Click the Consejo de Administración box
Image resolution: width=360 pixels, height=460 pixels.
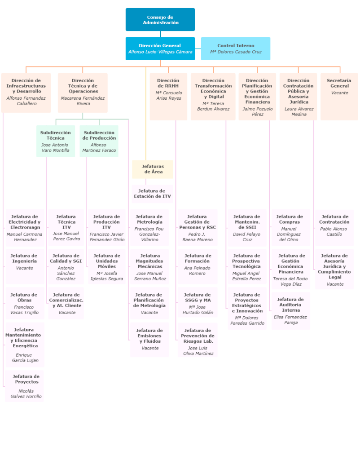click(x=160, y=20)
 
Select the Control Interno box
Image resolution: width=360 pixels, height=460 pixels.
click(x=236, y=49)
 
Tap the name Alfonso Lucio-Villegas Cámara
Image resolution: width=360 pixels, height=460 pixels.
click(x=160, y=52)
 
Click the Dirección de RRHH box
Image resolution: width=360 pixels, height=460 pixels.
click(x=168, y=96)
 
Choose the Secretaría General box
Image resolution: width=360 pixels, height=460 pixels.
click(x=339, y=96)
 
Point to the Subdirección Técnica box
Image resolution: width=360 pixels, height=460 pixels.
click(x=56, y=141)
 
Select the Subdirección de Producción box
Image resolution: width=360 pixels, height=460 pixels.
click(x=99, y=141)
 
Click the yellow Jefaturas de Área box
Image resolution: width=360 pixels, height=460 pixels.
click(x=153, y=169)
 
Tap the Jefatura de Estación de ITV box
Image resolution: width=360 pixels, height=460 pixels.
click(x=152, y=194)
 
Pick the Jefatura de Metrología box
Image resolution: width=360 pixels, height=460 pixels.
click(x=149, y=228)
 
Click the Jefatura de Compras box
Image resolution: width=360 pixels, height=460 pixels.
click(x=290, y=228)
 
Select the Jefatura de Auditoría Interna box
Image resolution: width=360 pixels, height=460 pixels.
click(x=290, y=310)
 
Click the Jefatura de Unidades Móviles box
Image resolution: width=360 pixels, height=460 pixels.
click(x=106, y=266)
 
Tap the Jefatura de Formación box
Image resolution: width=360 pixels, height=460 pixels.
click(x=197, y=266)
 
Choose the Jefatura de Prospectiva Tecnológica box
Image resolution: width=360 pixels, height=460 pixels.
click(x=246, y=266)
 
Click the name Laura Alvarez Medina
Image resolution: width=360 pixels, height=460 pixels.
click(x=299, y=111)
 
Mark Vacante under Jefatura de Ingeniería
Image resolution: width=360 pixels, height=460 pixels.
click(x=25, y=268)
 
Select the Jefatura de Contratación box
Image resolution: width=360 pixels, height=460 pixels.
click(x=334, y=228)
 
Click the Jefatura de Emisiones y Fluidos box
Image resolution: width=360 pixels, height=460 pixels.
click(x=149, y=339)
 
